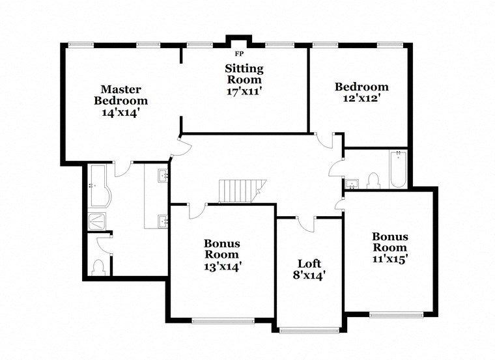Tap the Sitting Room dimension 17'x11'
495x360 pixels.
[244, 92]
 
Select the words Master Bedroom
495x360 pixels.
[120, 94]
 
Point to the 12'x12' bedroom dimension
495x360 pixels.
[361, 98]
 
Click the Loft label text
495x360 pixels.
[309, 263]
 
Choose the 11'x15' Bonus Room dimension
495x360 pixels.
[389, 258]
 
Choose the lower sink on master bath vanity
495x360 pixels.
[162, 221]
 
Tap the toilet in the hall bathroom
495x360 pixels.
[373, 179]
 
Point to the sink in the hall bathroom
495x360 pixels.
[352, 183]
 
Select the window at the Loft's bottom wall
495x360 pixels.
[309, 330]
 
